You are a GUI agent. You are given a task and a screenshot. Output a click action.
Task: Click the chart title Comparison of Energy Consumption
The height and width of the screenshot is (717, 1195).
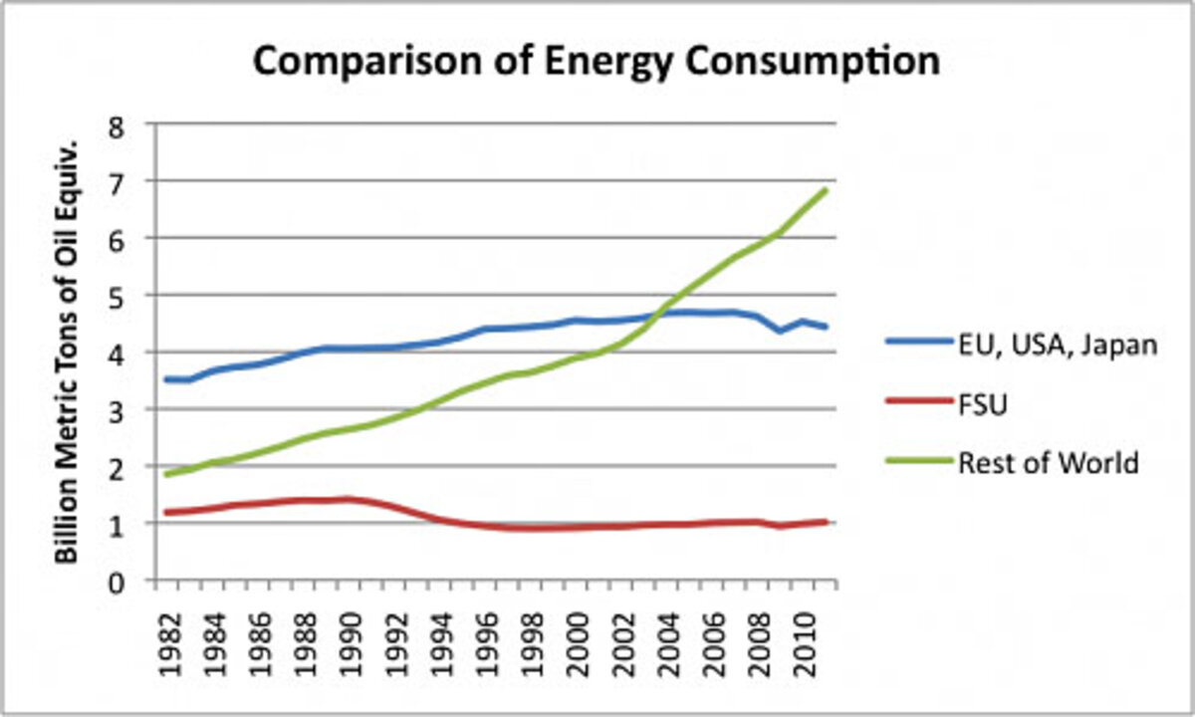pos(596,62)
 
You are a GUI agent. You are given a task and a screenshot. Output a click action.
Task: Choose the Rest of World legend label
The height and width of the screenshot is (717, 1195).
pos(1047,463)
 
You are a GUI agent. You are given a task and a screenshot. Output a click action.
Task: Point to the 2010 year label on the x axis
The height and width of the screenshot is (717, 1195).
pos(803,642)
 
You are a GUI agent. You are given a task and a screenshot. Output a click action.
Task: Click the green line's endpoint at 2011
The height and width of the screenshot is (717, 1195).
pos(827,189)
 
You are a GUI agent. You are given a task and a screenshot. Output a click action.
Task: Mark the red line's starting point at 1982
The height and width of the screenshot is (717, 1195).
pos(165,513)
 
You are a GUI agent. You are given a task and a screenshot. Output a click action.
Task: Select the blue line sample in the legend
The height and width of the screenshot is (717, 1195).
pos(917,345)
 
